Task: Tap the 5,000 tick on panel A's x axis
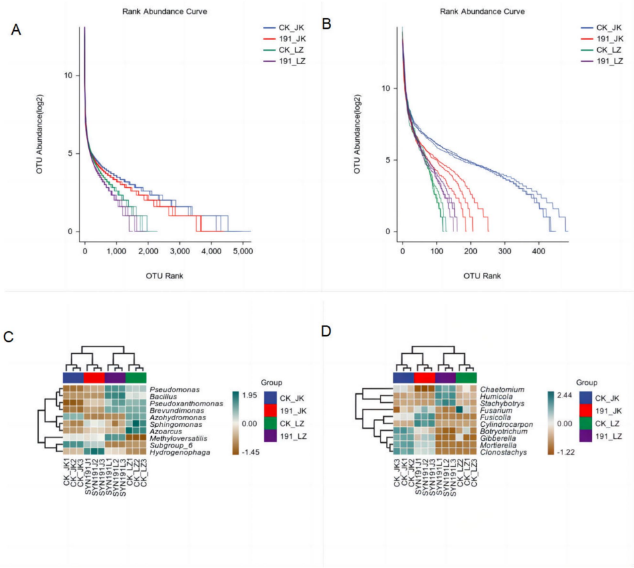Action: click(242, 251)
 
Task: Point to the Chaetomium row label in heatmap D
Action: click(502, 389)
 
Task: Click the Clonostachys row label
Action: click(503, 452)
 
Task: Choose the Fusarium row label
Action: click(496, 410)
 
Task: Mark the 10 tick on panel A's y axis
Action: click(68, 75)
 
